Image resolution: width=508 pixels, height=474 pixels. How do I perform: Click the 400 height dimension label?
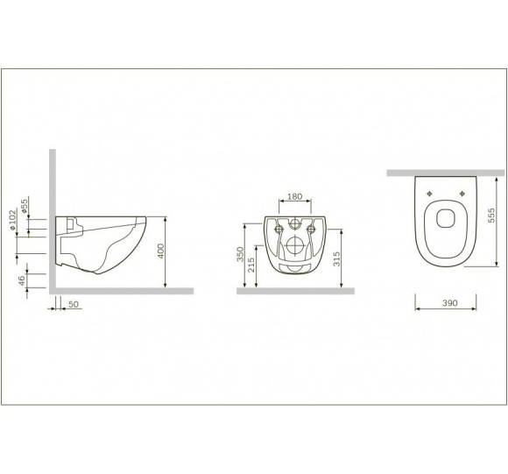tap(161, 251)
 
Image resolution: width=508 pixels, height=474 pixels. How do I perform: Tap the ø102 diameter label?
tap(12, 220)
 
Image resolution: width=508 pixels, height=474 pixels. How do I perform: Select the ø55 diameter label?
tap(25, 206)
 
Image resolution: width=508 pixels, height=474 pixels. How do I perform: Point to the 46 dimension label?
tap(21, 280)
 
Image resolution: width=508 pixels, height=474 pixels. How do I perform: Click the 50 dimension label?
tap(74, 304)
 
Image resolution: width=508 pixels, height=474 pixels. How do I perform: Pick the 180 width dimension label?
tap(295, 196)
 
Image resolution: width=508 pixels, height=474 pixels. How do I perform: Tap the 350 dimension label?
tap(240, 254)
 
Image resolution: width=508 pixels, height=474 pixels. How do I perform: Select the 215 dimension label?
tap(251, 265)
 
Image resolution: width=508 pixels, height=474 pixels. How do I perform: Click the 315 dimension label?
tap(336, 258)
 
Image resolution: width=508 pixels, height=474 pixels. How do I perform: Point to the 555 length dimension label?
tap(491, 216)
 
